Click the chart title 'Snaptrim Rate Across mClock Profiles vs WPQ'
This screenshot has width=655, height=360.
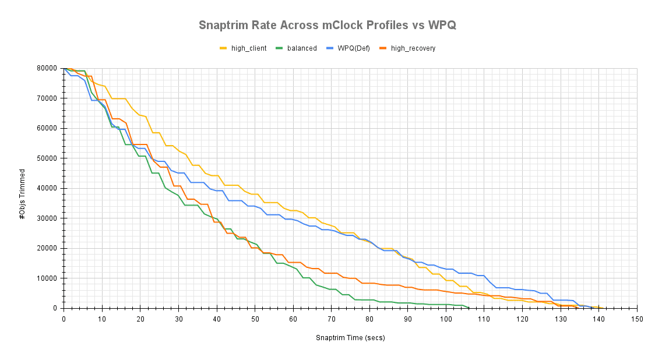click(x=327, y=25)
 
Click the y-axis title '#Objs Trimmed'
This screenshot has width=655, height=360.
click(x=23, y=194)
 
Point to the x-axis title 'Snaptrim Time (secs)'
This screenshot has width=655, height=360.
click(x=350, y=338)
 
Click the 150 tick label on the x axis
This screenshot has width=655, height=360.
click(x=637, y=319)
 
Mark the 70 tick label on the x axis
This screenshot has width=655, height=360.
click(x=332, y=319)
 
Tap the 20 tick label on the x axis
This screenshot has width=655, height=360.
click(x=140, y=319)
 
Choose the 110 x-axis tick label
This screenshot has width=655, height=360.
click(x=484, y=319)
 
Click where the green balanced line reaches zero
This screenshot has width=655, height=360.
click(x=469, y=308)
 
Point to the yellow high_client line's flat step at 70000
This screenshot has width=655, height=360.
click(x=118, y=98)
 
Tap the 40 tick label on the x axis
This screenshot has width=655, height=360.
click(x=217, y=319)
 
